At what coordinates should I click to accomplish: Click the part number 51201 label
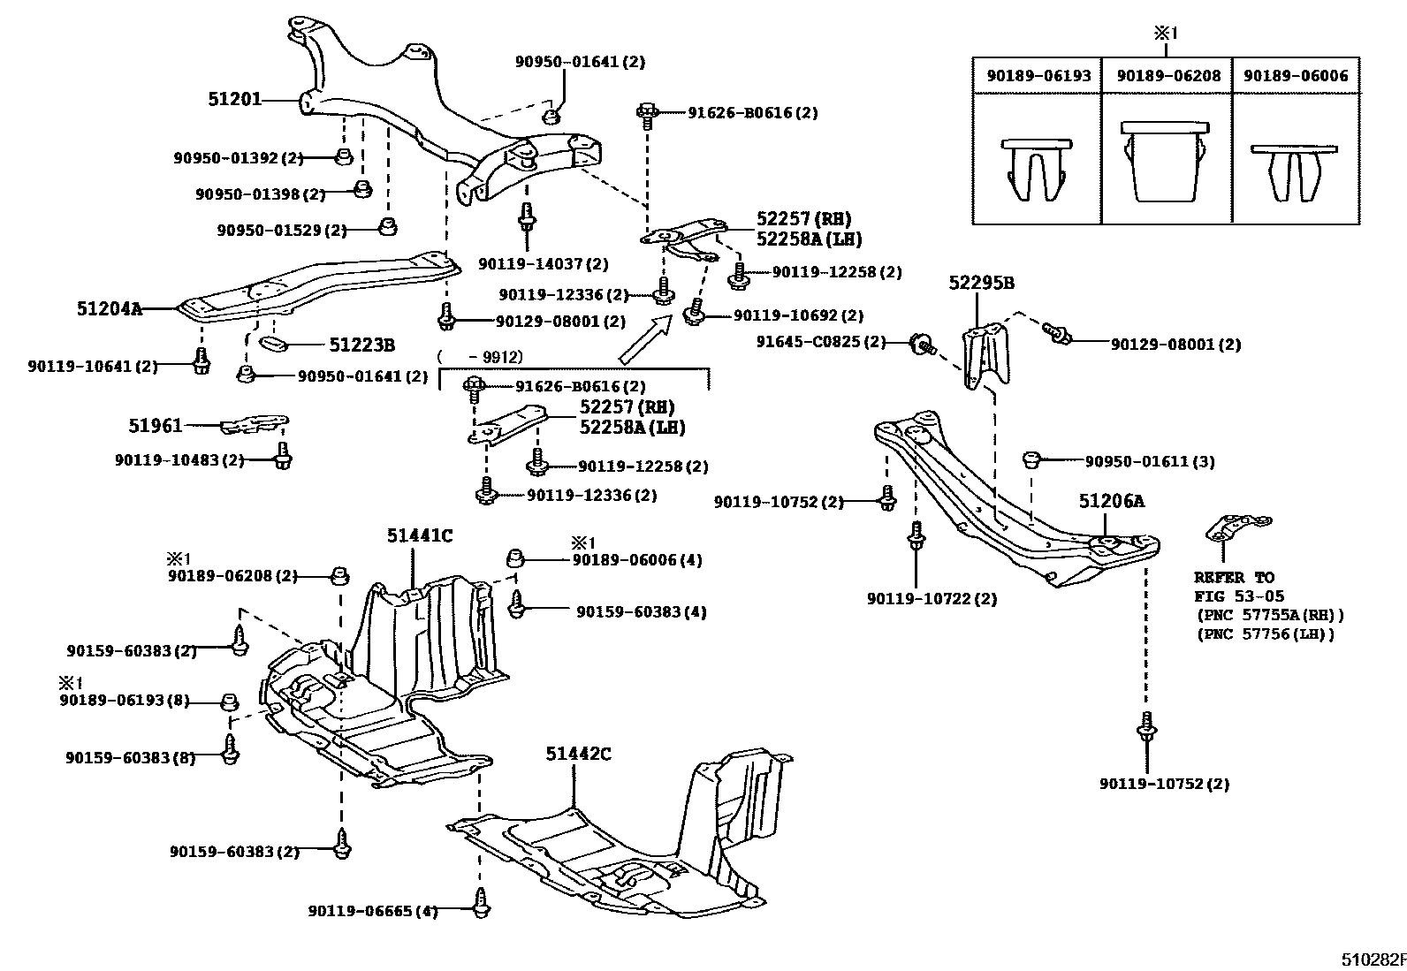[x=234, y=100]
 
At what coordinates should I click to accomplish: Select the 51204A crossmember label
[x=109, y=309]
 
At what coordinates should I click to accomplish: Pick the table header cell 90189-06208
[x=1167, y=76]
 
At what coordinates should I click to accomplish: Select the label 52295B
[x=981, y=284]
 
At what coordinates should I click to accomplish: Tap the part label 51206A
[x=1111, y=502]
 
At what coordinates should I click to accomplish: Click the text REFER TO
[x=1234, y=578]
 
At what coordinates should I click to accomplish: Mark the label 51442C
[x=578, y=754]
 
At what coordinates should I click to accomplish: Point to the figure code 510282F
[x=1370, y=959]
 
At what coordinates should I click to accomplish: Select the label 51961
[x=156, y=426]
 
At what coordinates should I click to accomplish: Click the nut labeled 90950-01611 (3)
[x=1031, y=459]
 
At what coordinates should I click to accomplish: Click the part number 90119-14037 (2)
[x=544, y=263]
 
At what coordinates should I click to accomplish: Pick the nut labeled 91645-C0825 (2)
[x=921, y=343]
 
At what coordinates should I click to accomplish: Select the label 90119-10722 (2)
[x=932, y=599]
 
